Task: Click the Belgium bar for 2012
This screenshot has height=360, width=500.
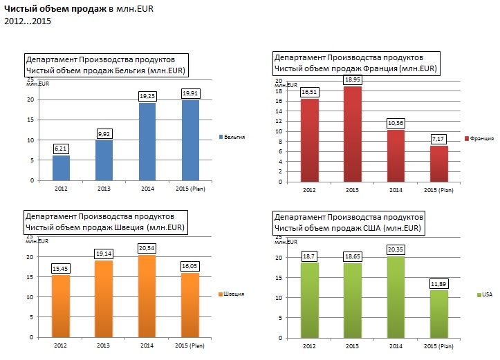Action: (x=61, y=168)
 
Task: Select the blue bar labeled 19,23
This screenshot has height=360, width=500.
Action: (x=147, y=142)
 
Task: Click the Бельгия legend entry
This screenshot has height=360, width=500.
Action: (x=234, y=137)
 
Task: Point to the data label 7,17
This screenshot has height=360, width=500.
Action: (x=438, y=140)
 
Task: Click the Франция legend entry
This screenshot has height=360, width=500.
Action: (x=481, y=138)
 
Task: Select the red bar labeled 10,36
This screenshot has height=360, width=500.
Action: (x=395, y=156)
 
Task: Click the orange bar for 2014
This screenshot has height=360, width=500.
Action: (x=147, y=296)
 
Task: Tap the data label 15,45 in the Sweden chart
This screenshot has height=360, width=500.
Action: (x=61, y=267)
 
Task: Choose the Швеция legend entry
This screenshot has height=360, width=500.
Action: (x=234, y=294)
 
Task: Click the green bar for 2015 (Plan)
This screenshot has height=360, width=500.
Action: (x=438, y=314)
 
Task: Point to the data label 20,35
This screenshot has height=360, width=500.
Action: (x=396, y=248)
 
